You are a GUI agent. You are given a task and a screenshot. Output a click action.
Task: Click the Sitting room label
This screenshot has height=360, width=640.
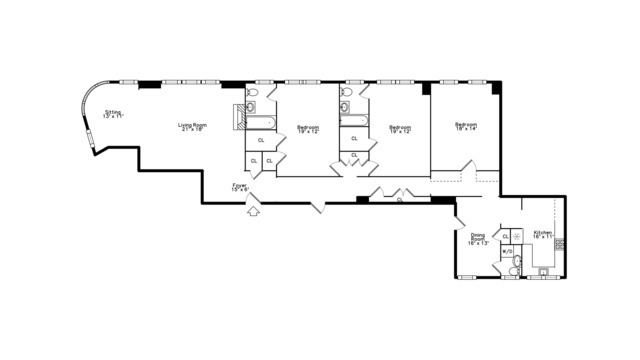112,112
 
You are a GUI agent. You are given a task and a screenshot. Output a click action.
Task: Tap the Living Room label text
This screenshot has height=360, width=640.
192,124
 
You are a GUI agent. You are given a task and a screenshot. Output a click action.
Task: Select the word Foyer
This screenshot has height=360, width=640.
239,184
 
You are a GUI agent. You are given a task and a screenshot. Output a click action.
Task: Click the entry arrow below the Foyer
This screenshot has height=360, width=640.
253,210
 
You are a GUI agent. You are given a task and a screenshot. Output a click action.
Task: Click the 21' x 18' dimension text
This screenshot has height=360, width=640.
192,129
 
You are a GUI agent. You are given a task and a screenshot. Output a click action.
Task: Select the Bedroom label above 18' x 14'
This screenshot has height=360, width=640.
466,124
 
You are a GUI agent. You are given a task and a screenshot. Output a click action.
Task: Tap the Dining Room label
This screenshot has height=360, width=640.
478,237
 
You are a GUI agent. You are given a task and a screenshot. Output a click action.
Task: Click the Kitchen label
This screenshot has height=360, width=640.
542,232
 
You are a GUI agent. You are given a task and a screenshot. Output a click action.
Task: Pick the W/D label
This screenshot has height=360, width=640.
506,251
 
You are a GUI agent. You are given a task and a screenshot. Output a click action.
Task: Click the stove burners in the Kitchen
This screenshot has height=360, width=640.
559,243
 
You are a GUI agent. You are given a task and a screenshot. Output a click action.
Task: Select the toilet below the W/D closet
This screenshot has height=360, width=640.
516,267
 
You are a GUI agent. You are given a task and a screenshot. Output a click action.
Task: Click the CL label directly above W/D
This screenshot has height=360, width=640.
506,236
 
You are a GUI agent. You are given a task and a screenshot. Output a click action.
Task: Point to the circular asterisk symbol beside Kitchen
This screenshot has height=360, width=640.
517,236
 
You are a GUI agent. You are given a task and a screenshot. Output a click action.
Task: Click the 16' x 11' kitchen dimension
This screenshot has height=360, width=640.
542,237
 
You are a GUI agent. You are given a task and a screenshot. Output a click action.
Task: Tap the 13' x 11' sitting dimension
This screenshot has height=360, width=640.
112,117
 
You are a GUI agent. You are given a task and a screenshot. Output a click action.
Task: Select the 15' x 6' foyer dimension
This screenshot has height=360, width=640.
239,189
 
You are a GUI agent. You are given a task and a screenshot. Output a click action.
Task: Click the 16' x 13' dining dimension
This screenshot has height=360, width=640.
478,243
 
